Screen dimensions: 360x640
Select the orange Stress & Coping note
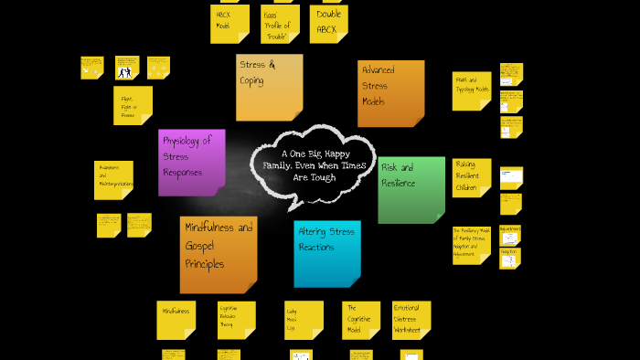(269, 87)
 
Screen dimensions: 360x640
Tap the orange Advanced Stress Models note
(390, 93)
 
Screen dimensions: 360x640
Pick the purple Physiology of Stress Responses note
(191, 162)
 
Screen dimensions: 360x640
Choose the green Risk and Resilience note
(411, 189)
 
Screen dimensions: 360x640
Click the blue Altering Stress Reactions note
(326, 253)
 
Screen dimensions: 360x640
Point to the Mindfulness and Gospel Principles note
(218, 253)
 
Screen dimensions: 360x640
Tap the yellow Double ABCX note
(328, 23)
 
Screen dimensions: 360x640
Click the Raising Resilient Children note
(471, 177)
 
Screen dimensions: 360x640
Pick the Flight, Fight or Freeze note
(133, 105)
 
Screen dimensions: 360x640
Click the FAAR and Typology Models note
(471, 91)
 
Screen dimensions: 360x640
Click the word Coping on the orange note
(252, 80)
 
